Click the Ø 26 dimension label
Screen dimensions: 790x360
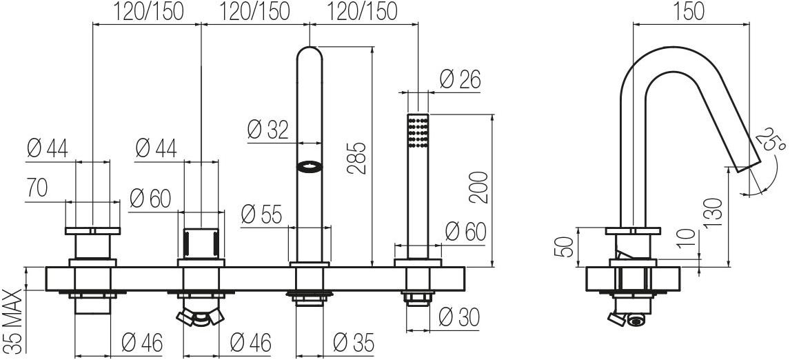click(x=460, y=79)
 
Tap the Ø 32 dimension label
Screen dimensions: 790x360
click(x=268, y=130)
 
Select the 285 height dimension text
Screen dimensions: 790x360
click(x=356, y=158)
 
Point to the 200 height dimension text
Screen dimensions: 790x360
click(x=478, y=187)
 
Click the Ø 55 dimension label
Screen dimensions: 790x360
click(x=261, y=214)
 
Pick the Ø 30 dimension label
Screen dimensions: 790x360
click(x=459, y=317)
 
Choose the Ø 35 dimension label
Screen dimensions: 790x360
click(x=354, y=343)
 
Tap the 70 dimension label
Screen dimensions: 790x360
click(x=37, y=188)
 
